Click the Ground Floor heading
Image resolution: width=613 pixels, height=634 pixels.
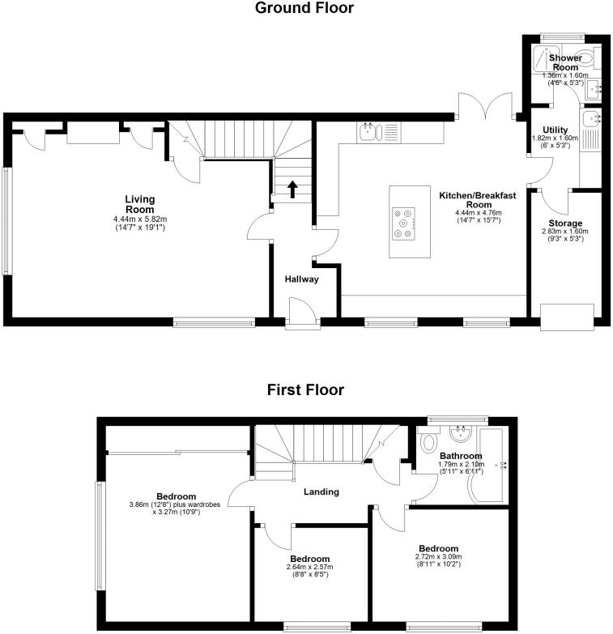coord(304,9)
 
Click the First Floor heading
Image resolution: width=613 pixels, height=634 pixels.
coord(305,390)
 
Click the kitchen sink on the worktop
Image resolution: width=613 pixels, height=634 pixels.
coord(369,131)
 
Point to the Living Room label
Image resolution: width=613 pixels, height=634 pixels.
coord(139,204)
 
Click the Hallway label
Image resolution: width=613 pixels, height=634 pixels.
coord(301,279)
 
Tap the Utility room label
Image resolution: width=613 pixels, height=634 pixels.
coord(555,130)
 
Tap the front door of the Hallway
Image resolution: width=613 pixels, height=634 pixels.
coord(301,312)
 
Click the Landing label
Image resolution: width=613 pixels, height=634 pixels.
coord(321,491)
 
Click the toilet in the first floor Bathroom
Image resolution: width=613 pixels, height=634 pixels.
coord(430,441)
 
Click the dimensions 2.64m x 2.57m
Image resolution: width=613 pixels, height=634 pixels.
coord(309,567)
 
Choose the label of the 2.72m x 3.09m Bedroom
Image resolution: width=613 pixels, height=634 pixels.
coord(439,547)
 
